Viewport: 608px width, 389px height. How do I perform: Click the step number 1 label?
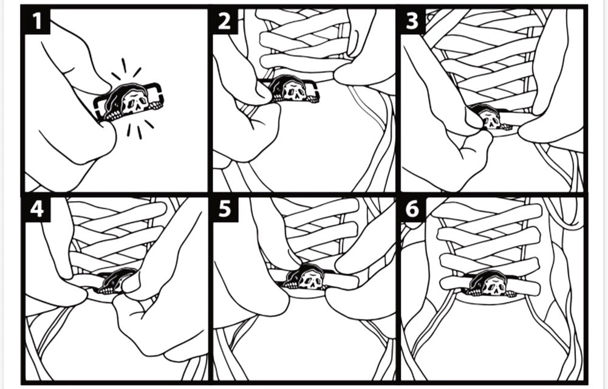(37, 21)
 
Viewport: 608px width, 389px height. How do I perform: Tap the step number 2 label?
(225, 21)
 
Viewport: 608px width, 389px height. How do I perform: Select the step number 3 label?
(412, 21)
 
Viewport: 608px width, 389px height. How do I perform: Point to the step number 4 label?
(37, 210)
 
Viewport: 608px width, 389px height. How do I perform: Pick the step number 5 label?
(225, 210)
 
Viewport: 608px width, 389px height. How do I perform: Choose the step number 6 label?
(412, 210)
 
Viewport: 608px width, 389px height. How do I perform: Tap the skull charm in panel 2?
(289, 89)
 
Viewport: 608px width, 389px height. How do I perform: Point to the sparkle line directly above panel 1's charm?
(124, 65)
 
